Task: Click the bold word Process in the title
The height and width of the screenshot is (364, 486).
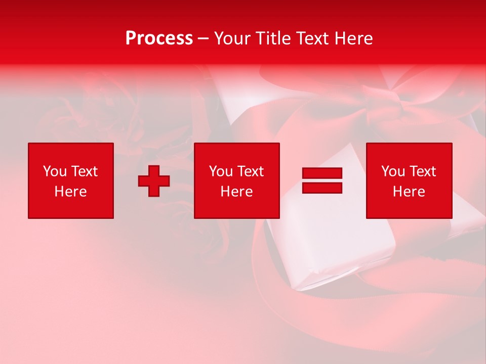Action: [159, 38]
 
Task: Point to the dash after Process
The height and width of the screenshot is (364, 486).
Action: [203, 39]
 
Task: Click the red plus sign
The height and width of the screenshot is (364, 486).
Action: [154, 181]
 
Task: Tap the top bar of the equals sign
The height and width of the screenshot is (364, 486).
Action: [322, 173]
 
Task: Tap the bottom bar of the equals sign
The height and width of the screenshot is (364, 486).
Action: [322, 188]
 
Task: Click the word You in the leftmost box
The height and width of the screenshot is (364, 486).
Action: [54, 171]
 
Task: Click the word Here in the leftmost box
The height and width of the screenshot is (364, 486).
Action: [70, 192]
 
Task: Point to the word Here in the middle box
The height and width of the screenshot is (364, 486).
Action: [237, 192]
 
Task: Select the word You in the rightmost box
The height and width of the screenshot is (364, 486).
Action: [393, 171]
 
